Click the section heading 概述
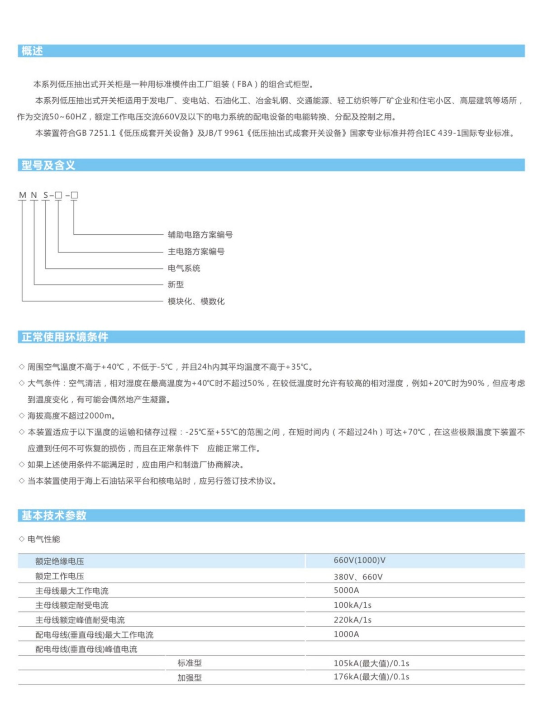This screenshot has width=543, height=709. coord(32,51)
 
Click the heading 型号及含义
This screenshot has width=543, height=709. coord(48,165)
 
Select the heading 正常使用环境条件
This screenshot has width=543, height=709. coord(65,337)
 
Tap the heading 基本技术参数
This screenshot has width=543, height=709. coord(54,515)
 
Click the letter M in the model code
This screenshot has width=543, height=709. coord(22,195)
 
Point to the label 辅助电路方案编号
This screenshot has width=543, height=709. coord(200,235)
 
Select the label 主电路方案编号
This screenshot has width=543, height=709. coord(196,252)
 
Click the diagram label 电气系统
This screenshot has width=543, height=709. coord(184,268)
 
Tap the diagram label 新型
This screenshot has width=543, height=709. coord(176,285)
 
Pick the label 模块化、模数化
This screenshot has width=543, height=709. coord(196,301)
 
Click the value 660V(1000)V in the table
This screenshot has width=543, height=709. coord(359,561)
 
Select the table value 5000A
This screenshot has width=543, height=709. coord(346,590)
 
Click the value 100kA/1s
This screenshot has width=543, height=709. coord(352,605)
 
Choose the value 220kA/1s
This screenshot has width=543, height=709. coord(352,620)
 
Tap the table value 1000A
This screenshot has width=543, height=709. coord(346,634)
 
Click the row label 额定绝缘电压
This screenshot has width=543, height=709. coord(60,561)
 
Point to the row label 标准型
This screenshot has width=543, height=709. coord(190,663)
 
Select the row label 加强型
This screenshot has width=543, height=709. coord(190,678)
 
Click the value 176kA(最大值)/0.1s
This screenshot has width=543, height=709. coord(371,677)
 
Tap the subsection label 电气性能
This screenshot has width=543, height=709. coord(43,539)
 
